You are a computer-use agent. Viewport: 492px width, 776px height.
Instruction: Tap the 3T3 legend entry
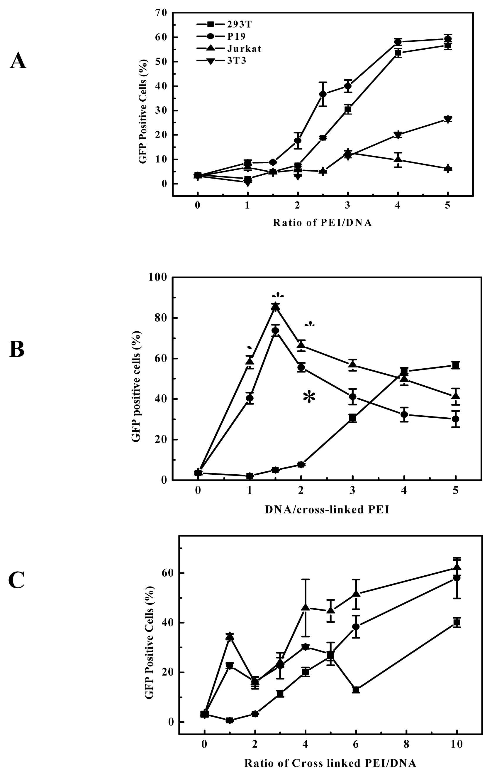[x=237, y=61]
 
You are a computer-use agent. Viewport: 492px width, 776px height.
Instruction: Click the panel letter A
[x=18, y=61]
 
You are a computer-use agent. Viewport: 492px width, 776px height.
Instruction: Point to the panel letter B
[x=17, y=350]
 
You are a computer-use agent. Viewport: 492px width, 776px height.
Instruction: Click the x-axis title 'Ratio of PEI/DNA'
[x=322, y=223]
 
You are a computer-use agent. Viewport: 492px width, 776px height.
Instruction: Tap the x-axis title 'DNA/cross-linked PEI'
[x=327, y=510]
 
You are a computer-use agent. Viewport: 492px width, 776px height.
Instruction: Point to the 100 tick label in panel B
[x=157, y=278]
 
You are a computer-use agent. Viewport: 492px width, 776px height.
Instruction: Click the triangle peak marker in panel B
[x=275, y=307]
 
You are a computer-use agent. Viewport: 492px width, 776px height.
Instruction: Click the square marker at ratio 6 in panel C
[x=356, y=690]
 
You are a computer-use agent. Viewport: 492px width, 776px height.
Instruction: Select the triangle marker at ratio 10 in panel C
[x=457, y=568]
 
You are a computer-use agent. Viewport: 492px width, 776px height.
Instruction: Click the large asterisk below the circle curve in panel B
[x=309, y=397]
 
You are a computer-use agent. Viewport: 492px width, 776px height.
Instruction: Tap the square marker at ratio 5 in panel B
[x=456, y=365]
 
